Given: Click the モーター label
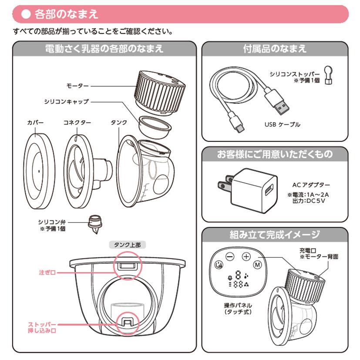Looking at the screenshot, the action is point(77,86).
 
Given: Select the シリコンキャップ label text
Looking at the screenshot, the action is point(66,101).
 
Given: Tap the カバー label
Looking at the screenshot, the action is point(35,123).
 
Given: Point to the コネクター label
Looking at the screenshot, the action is point(77,123).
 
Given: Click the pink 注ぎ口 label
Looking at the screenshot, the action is point(47,273).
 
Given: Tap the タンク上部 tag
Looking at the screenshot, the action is point(128,245).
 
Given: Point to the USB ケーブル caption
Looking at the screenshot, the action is point(282,124).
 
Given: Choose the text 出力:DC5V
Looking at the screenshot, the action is point(309,201).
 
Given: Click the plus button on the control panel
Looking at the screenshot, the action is point(246,256).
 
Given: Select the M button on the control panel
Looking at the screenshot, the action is point(257,265).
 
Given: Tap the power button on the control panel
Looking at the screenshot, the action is point(219,265).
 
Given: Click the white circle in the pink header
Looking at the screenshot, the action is point(26,14).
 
